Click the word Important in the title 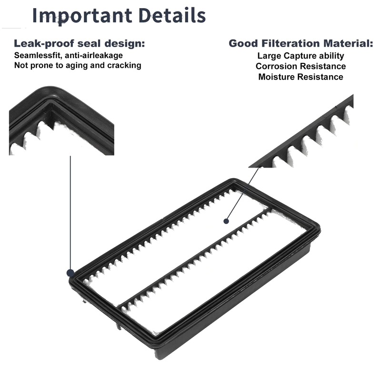pyautogui.click(x=82, y=16)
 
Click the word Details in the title pyautogui.click(x=172, y=15)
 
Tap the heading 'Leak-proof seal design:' pyautogui.click(x=79, y=44)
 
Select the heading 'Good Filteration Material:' pyautogui.click(x=301, y=43)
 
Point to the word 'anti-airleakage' pyautogui.click(x=94, y=55)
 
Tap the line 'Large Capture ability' pyautogui.click(x=301, y=56)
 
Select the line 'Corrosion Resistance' pyautogui.click(x=301, y=66)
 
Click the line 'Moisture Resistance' pyautogui.click(x=301, y=77)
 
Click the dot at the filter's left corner pyautogui.click(x=70, y=273)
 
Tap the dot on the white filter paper pyautogui.click(x=226, y=221)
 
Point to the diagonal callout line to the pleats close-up pyautogui.click(x=242, y=194)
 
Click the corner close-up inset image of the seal pyautogui.click(x=61, y=120)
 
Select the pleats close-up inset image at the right pyautogui.click(x=301, y=131)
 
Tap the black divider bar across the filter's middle pyautogui.click(x=194, y=257)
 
